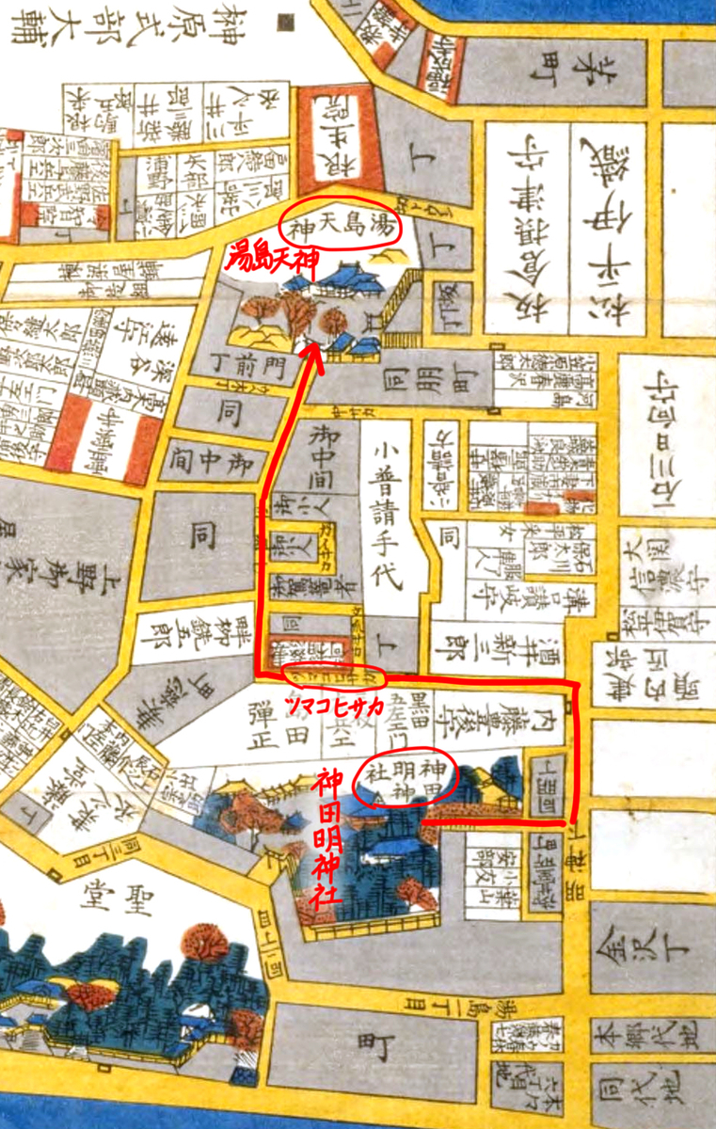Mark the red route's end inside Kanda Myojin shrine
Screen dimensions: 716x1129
pos(423,822)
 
